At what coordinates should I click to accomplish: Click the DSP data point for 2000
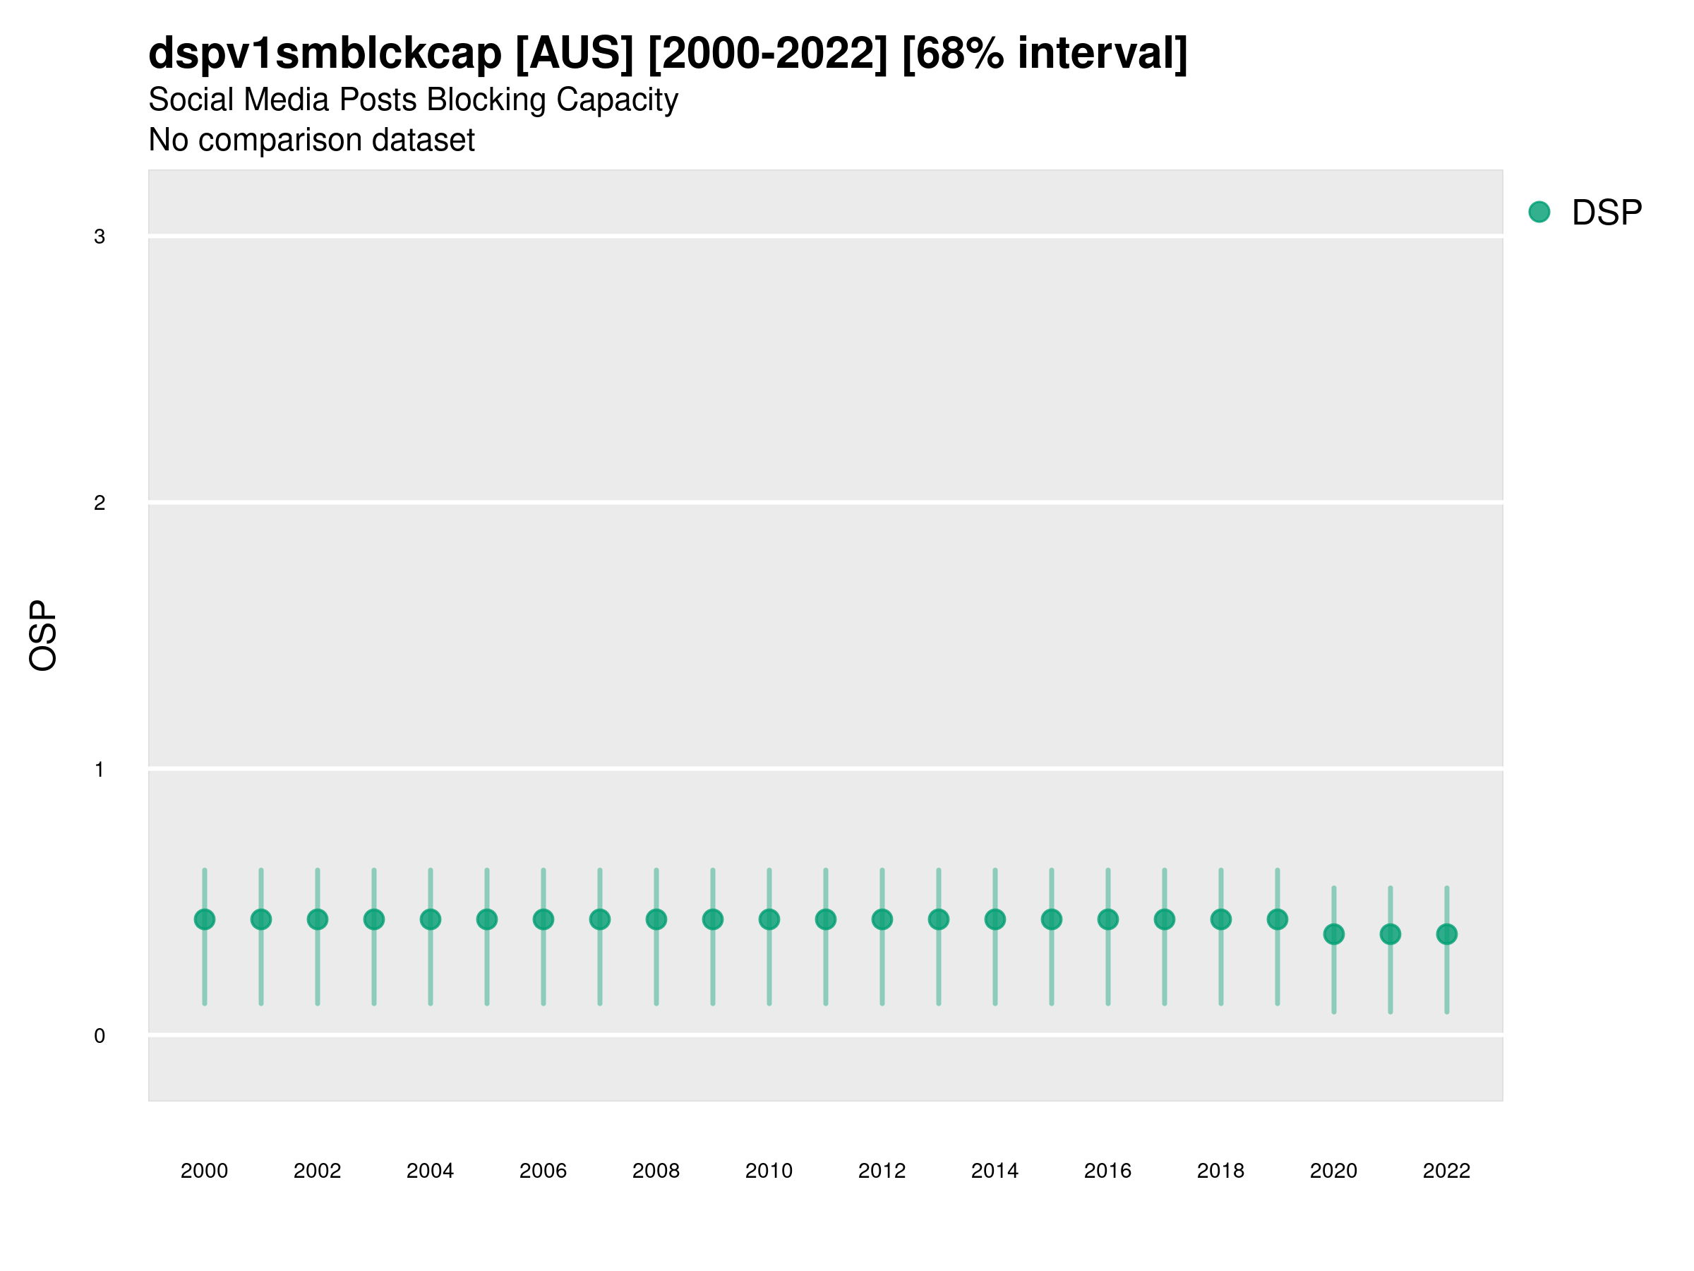(205, 919)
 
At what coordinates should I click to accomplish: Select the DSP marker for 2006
(543, 919)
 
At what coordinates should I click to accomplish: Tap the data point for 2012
(882, 919)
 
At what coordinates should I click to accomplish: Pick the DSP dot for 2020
(1334, 935)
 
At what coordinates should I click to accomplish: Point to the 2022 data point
(1447, 935)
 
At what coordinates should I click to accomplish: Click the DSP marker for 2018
(1220, 919)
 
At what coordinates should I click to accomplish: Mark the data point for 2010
(769, 919)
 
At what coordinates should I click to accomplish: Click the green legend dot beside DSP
(1539, 213)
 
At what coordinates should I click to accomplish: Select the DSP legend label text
(1606, 213)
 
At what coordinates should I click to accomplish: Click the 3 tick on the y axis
(100, 237)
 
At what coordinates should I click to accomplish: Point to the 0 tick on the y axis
(100, 1037)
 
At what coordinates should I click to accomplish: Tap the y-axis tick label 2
(100, 503)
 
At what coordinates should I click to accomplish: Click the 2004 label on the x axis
(430, 1171)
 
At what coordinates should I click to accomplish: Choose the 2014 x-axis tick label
(995, 1171)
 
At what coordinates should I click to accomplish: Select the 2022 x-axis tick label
(1447, 1171)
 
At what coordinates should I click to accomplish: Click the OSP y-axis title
(43, 636)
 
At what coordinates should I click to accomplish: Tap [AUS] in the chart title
(575, 54)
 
